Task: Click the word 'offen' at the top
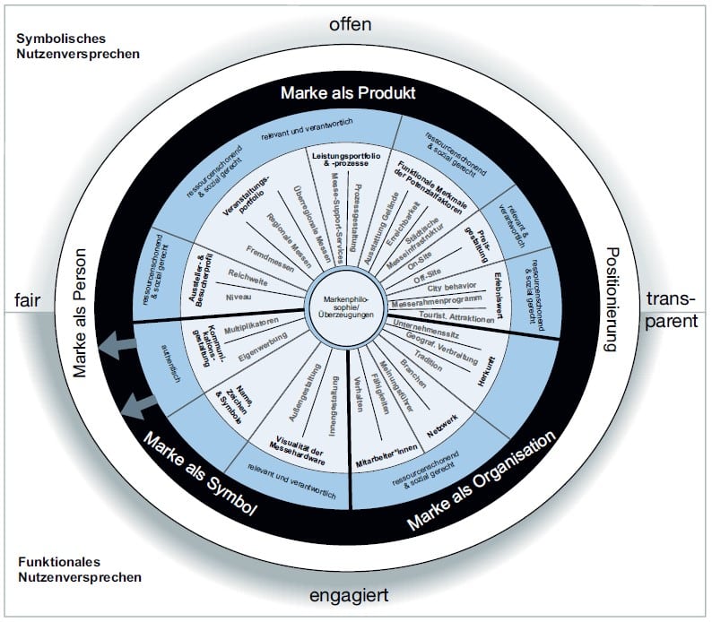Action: (x=350, y=24)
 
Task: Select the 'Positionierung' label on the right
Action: (x=613, y=301)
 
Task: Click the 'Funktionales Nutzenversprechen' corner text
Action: (x=79, y=569)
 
